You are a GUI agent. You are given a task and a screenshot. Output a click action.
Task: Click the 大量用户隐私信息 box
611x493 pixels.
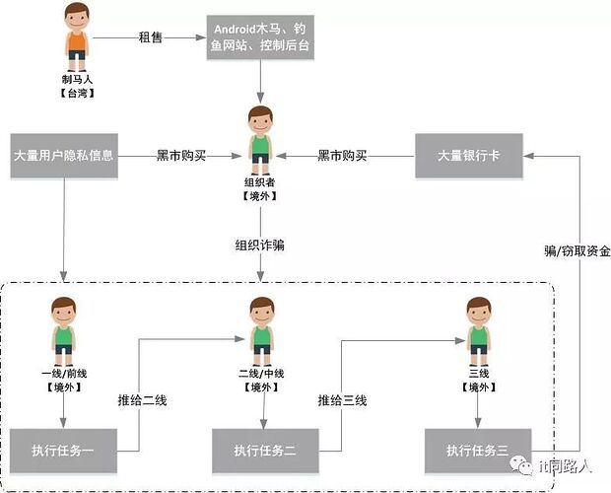pos(64,156)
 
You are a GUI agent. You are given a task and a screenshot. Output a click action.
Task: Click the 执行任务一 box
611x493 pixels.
pos(64,451)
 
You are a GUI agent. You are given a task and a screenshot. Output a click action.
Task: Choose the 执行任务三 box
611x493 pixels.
pos(478,451)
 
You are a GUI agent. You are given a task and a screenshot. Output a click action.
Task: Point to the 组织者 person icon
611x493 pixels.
pos(260,134)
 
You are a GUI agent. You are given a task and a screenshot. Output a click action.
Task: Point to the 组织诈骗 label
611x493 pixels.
pos(260,246)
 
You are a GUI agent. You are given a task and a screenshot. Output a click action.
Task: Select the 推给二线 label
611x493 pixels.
pos(143,401)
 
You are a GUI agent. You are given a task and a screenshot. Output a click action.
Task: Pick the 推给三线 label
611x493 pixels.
pos(342,401)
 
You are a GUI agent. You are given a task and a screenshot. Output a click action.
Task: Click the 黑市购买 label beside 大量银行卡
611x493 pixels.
pos(342,156)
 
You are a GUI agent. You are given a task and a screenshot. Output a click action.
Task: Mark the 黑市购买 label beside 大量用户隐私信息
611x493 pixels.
pos(180,156)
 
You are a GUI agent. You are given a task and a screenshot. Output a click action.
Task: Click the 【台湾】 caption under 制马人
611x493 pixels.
pos(77,93)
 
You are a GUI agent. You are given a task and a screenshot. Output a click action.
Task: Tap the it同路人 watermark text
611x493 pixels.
pos(570,466)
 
